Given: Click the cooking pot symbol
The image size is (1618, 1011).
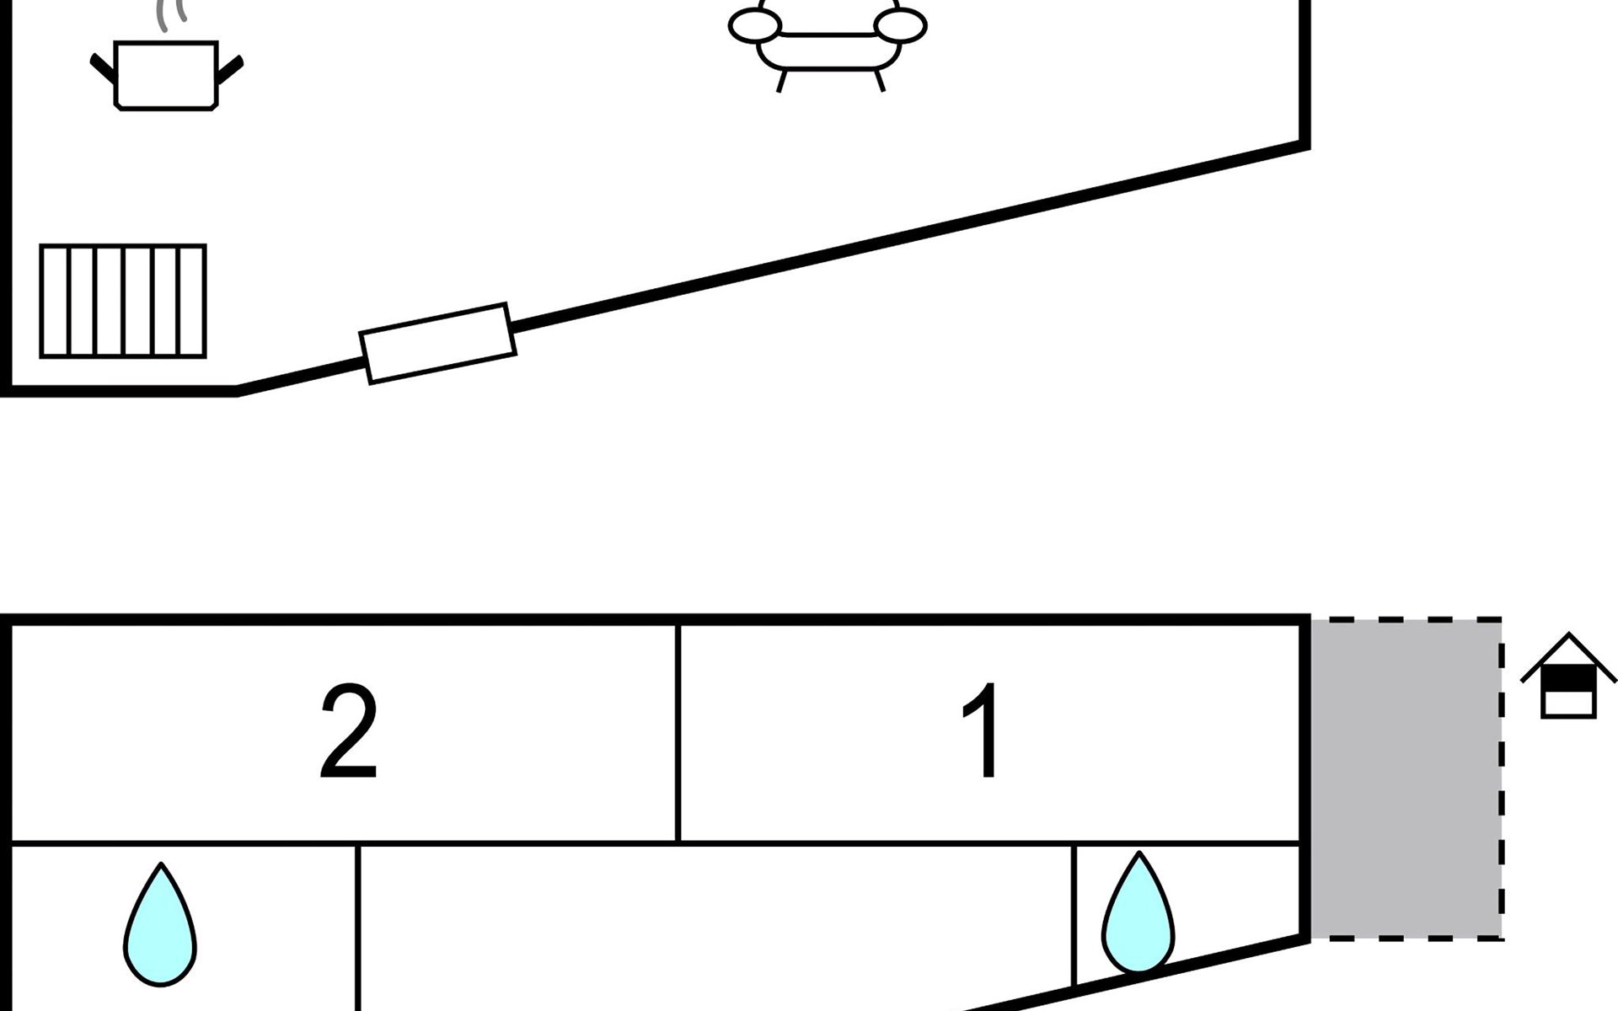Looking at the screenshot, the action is [x=166, y=74].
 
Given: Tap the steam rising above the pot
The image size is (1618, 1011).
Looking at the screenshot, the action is [x=172, y=14].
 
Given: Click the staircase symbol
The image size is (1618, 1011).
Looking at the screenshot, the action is [x=123, y=302].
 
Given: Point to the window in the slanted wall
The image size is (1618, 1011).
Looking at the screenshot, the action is [x=437, y=343].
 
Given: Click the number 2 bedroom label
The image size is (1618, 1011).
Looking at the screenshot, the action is [x=349, y=732].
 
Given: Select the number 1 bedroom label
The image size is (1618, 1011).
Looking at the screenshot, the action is [x=983, y=732].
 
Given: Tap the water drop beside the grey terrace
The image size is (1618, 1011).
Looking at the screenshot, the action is [x=1138, y=912].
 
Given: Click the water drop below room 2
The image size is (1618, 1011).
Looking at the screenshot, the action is [x=160, y=923].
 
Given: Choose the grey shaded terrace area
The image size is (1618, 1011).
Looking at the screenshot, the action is [x=1406, y=778].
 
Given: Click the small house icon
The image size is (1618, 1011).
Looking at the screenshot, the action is [x=1568, y=676].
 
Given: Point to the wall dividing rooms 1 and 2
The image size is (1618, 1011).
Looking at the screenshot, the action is [x=678, y=733].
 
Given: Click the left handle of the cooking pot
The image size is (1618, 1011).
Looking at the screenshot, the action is [x=102, y=68].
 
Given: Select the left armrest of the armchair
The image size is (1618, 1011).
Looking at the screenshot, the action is [x=754, y=26].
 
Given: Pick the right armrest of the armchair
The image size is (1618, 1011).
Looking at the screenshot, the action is [x=901, y=26].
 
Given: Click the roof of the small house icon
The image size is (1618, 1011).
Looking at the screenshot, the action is [x=1568, y=657].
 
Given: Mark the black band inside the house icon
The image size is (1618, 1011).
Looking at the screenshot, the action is [x=1568, y=679].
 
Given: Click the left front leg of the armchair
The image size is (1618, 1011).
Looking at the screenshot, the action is [x=781, y=81].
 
